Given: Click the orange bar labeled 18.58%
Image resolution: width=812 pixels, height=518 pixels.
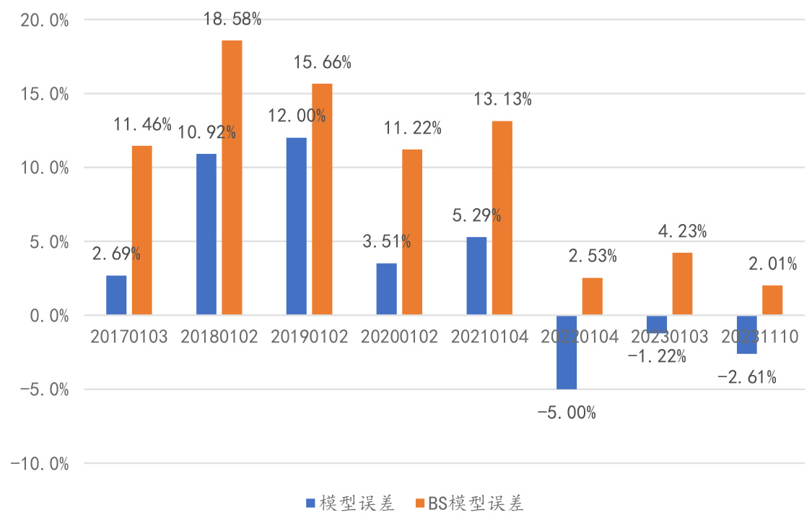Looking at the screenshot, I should pyautogui.click(x=232, y=177).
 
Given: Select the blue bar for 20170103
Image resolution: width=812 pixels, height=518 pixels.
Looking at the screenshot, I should pyautogui.click(x=116, y=295).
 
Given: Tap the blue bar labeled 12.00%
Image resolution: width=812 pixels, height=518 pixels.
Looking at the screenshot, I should pyautogui.click(x=296, y=226).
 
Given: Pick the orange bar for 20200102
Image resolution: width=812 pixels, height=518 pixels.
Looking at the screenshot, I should pyautogui.click(x=412, y=232).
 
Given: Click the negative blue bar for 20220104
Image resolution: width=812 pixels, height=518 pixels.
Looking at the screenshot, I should pyautogui.click(x=567, y=352).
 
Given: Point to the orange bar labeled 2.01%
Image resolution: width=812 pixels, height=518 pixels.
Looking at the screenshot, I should pyautogui.click(x=772, y=300).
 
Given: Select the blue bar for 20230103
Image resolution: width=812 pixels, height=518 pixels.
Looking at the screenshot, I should pyautogui.click(x=657, y=324).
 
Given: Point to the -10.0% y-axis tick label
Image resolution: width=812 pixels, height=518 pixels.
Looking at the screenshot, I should pyautogui.click(x=40, y=464).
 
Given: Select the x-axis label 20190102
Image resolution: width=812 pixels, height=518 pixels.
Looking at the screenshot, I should pyautogui.click(x=309, y=337).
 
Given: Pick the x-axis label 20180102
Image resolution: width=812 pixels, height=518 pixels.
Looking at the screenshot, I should pyautogui.click(x=219, y=337).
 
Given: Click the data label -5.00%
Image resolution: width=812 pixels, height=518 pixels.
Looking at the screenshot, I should pyautogui.click(x=567, y=413).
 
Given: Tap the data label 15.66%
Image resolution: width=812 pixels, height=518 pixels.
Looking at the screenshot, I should pyautogui.click(x=322, y=63).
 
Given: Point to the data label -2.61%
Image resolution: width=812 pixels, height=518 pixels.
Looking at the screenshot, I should pyautogui.click(x=747, y=376).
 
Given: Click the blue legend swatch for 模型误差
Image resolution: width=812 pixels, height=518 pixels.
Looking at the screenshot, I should pyautogui.click(x=310, y=503).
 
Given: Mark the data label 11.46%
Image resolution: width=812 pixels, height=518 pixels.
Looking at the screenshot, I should pyautogui.click(x=142, y=124).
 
